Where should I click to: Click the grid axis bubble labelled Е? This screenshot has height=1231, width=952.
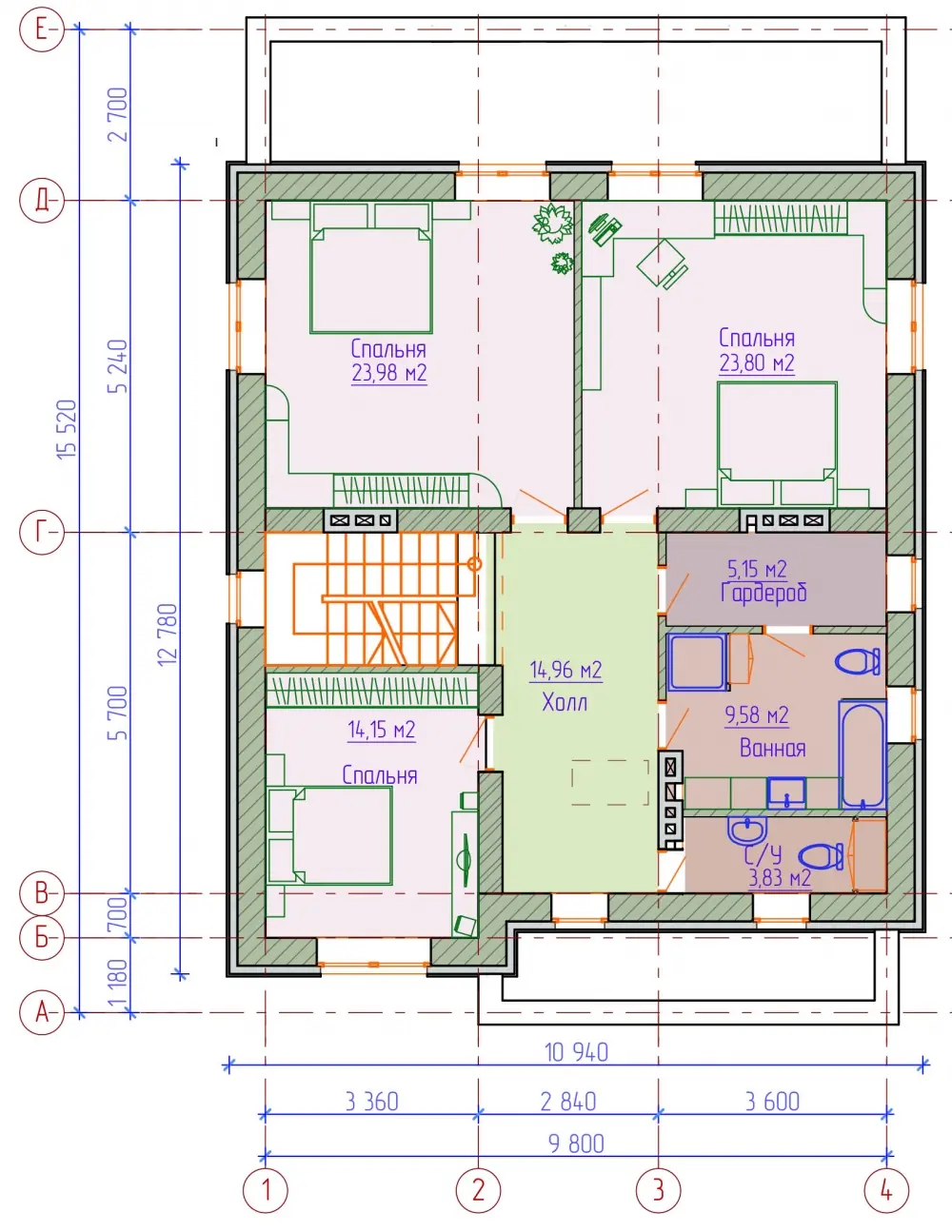click(x=41, y=29)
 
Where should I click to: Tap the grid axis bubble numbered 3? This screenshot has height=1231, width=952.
click(x=658, y=1190)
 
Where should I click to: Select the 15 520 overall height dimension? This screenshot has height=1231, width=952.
click(x=67, y=429)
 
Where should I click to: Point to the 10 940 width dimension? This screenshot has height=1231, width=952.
click(x=576, y=1052)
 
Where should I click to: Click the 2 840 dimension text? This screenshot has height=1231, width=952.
click(x=567, y=1102)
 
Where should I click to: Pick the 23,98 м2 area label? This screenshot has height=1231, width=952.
click(x=388, y=373)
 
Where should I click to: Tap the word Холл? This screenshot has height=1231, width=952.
click(x=565, y=702)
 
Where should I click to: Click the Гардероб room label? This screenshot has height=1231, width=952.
click(x=764, y=593)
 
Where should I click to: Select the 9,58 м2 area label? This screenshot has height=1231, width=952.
click(x=757, y=715)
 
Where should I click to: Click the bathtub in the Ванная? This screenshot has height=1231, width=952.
click(x=863, y=755)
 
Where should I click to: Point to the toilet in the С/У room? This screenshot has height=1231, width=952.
click(x=821, y=856)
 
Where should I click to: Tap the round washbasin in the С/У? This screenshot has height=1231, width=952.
click(x=747, y=830)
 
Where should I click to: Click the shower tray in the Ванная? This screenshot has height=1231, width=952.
click(x=697, y=662)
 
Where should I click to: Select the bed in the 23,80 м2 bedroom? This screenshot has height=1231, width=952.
click(x=777, y=444)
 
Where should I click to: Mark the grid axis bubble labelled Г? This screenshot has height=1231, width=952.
click(x=41, y=533)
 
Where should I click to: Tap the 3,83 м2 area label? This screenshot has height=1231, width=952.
click(x=779, y=879)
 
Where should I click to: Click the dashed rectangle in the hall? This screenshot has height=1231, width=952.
click(x=609, y=782)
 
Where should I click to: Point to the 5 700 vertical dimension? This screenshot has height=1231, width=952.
click(x=120, y=713)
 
